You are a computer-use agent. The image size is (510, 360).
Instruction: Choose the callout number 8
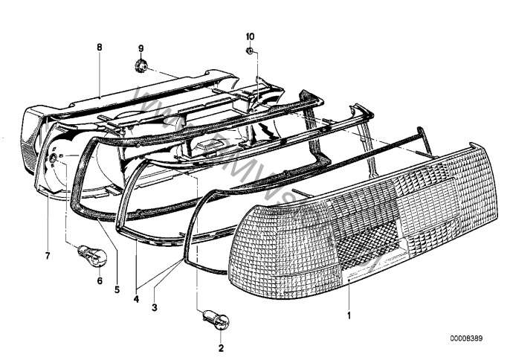(99, 46)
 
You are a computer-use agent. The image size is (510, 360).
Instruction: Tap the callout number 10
(250, 36)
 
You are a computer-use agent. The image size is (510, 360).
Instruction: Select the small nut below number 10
(251, 51)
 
